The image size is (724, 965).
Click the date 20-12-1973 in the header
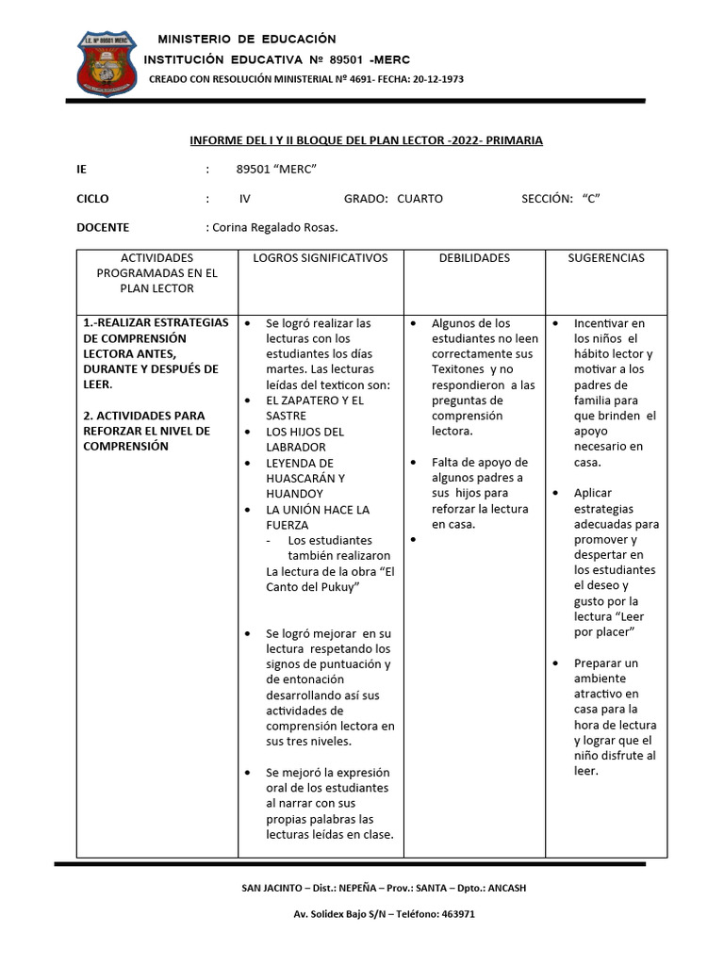pyautogui.click(x=435, y=79)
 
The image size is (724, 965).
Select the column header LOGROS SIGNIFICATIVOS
pyautogui.click(x=321, y=257)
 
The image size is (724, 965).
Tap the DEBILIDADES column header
pyautogui.click(x=474, y=257)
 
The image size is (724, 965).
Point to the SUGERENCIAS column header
pyautogui.click(x=606, y=257)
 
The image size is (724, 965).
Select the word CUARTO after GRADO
pyautogui.click(x=420, y=199)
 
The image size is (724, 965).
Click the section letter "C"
pyautogui.click(x=591, y=199)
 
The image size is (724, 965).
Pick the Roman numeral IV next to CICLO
pyautogui.click(x=245, y=199)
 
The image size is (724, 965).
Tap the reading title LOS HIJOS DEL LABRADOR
pyautogui.click(x=304, y=439)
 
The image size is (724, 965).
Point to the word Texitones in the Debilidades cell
pyautogui.click(x=457, y=369)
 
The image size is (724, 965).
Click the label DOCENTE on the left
pyautogui.click(x=103, y=227)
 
